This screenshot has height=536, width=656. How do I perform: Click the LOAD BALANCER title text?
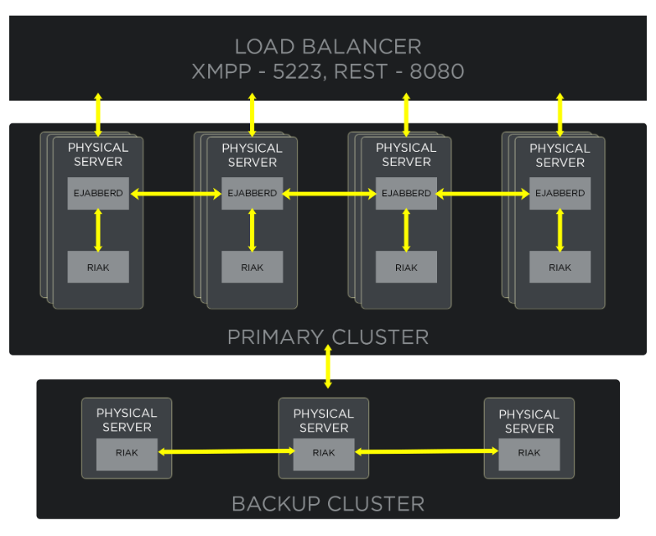point(328,46)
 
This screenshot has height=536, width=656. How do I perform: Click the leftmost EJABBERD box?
point(98,194)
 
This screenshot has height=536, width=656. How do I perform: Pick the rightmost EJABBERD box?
point(560,194)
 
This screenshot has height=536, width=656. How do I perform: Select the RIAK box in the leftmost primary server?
point(98,268)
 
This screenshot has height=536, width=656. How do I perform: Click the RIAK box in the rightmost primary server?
point(560,268)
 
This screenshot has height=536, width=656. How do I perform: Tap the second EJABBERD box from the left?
point(253,194)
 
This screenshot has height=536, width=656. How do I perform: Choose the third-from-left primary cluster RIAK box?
point(406,268)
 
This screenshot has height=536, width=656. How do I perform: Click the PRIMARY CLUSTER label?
point(328,337)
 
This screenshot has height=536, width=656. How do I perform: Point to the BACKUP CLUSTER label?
point(328,503)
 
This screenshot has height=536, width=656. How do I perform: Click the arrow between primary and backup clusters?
point(328,371)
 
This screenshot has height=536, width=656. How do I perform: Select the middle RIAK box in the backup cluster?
point(324,453)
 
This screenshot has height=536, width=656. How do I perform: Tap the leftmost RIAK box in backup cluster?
point(126,453)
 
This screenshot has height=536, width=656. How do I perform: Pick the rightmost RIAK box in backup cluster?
point(529,453)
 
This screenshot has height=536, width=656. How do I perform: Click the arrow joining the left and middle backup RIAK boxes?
point(225,451)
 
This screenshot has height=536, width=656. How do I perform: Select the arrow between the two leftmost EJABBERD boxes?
point(175,195)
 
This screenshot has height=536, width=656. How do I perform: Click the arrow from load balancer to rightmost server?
point(560,114)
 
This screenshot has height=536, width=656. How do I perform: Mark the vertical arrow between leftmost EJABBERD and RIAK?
point(98,231)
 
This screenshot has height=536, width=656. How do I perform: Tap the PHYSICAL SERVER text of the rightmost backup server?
point(529,421)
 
